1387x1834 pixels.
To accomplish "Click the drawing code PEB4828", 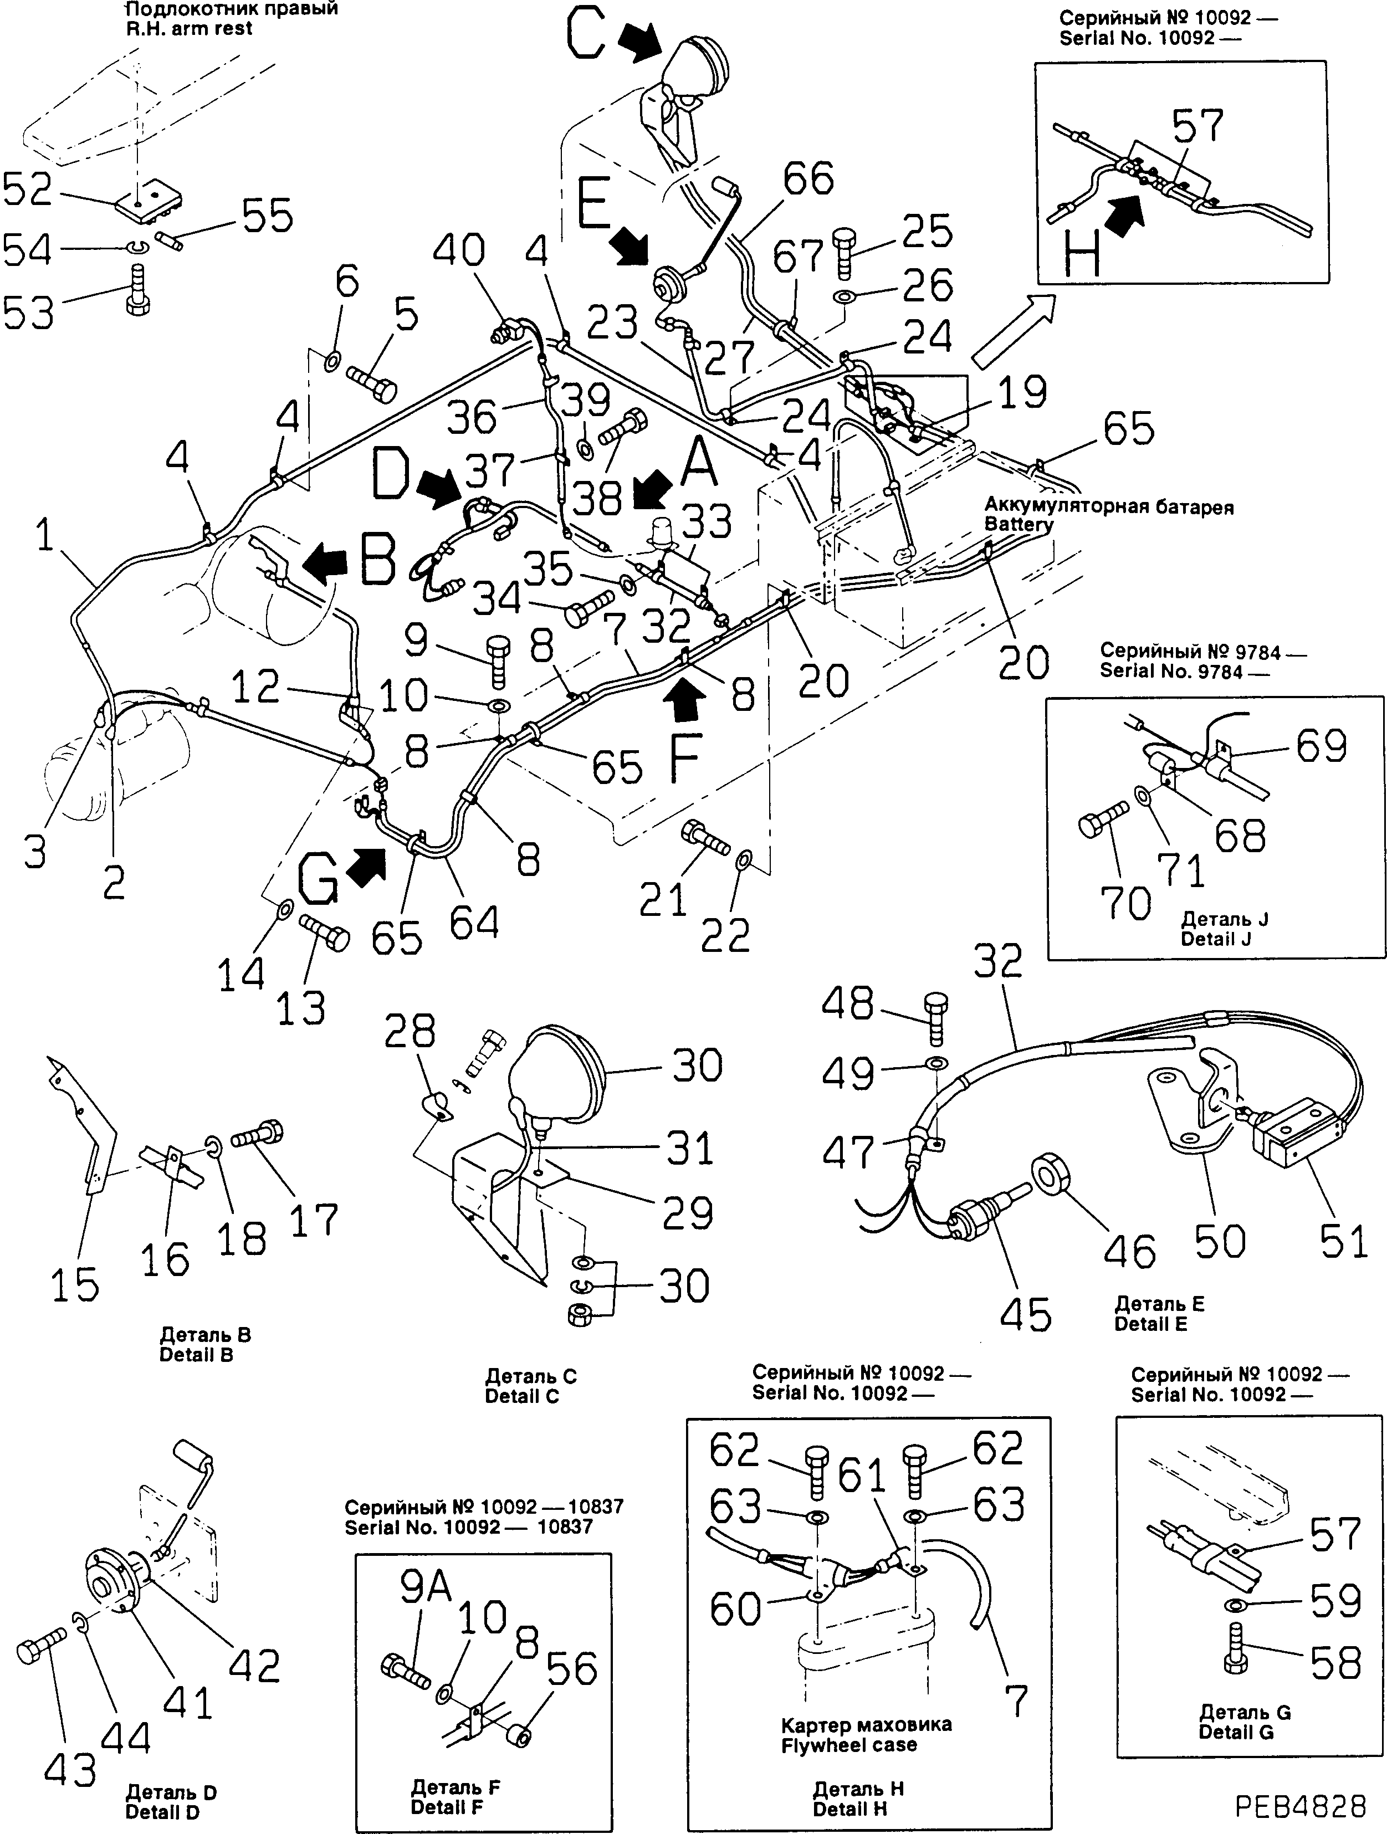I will pyautogui.click(x=1300, y=1804).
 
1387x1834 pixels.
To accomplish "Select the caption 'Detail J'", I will pyautogui.click(x=1216, y=939).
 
